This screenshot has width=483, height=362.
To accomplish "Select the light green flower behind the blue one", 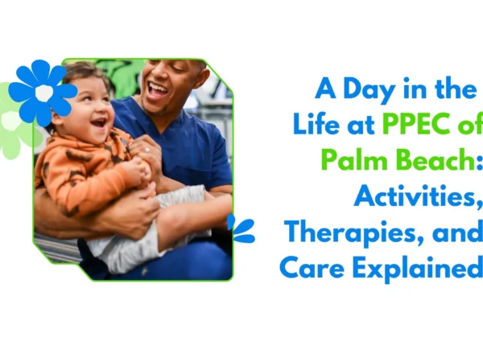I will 11,121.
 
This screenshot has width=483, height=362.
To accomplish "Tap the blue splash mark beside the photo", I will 241,228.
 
